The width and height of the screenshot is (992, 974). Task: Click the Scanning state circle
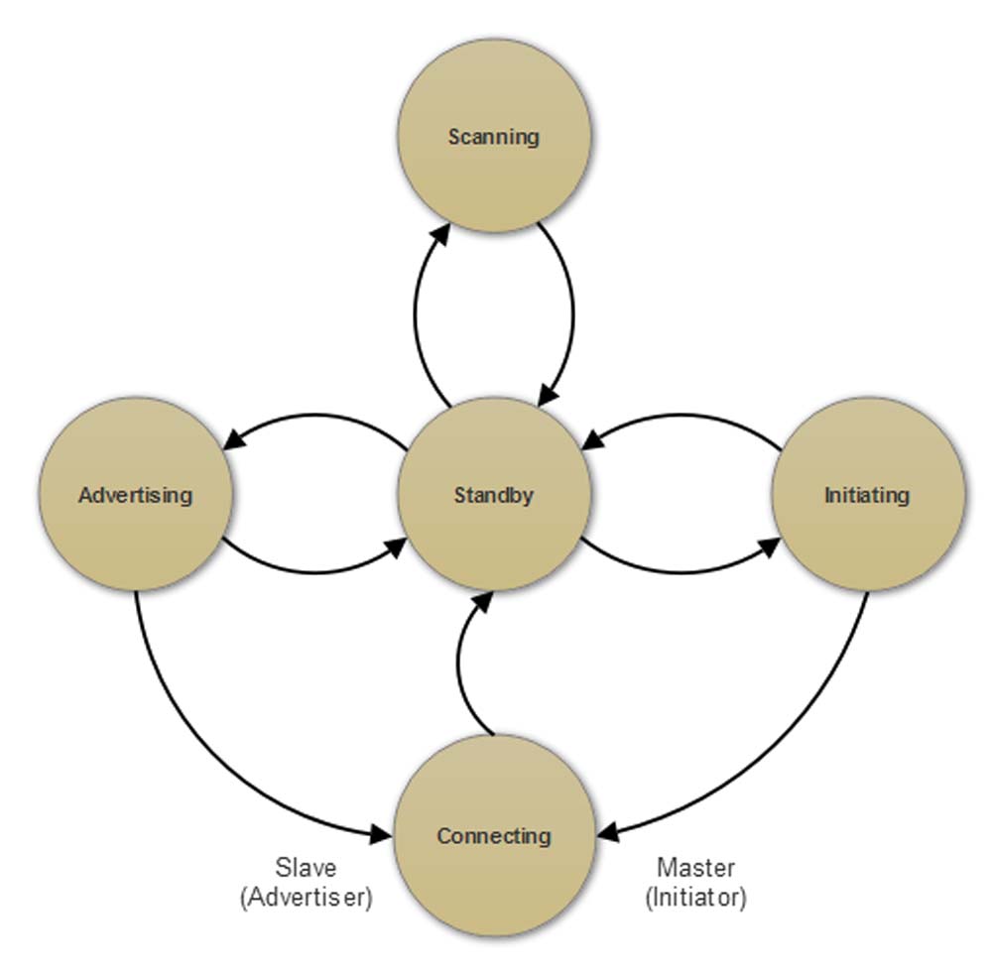click(x=494, y=136)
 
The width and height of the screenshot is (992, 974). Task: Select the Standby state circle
click(x=494, y=494)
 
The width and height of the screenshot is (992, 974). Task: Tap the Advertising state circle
click(x=135, y=494)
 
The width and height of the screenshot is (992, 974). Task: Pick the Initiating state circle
click(x=867, y=494)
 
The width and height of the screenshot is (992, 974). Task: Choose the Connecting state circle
click(x=494, y=835)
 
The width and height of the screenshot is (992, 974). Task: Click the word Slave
click(x=304, y=868)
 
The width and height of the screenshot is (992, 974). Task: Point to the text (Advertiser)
click(x=306, y=898)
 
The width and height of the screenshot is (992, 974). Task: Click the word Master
click(x=696, y=868)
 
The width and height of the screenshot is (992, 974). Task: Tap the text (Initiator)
click(x=696, y=898)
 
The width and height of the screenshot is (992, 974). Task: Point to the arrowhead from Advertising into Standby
click(x=398, y=547)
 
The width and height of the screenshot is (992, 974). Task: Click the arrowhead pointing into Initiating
click(x=769, y=546)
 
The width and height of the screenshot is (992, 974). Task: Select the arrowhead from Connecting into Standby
click(x=482, y=599)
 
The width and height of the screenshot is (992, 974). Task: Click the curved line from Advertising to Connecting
click(x=198, y=734)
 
